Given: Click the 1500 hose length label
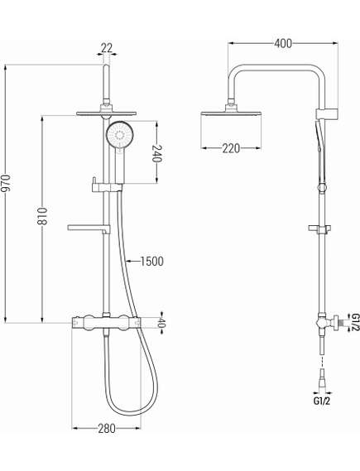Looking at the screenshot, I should pyautogui.click(x=151, y=261).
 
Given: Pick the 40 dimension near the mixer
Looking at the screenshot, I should pyautogui.click(x=162, y=323).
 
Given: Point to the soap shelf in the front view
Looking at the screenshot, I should pyautogui.click(x=89, y=227).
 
